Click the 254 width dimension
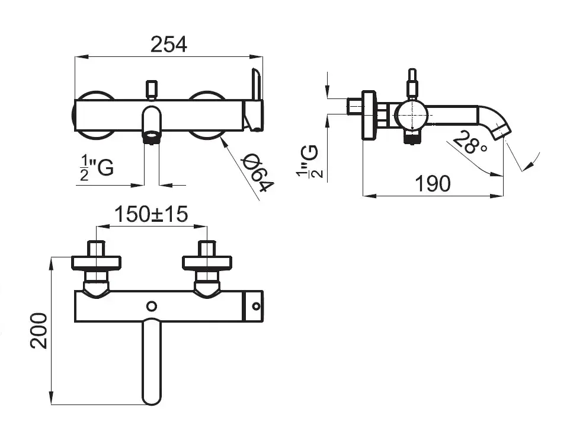pos(168,44)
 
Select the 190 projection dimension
pos(433,183)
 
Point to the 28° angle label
pos(470,142)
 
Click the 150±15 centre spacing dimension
pos(151,214)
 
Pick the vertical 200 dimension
pos(39,331)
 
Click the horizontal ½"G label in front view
pos(97,168)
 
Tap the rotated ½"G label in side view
pos(309,161)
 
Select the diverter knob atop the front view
pos(151,90)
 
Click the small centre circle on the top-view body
pos(151,307)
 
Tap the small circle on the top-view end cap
pos(256,307)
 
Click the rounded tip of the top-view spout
pos(152,397)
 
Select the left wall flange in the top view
pos(96,262)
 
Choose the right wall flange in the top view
pos(207,262)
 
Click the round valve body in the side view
pos(411,116)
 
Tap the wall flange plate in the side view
pos(369,115)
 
